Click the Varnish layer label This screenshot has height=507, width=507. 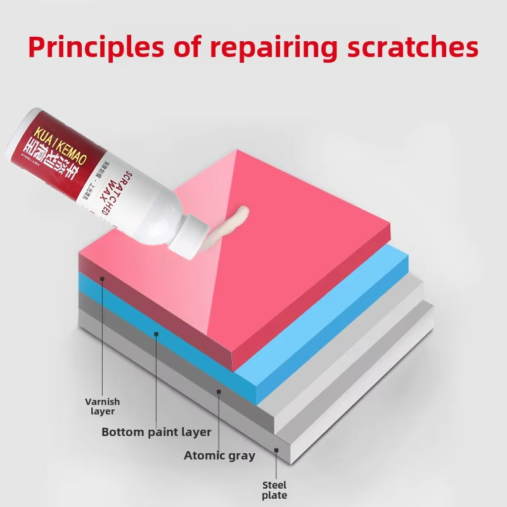102,406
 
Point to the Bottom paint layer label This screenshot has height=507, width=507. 156,432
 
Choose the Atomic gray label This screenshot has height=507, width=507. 219,455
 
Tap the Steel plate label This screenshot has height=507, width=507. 274,490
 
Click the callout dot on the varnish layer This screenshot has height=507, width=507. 102,278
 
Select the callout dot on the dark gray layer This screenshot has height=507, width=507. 219,392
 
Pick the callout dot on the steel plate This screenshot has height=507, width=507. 276,451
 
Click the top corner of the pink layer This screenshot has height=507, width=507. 237,151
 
